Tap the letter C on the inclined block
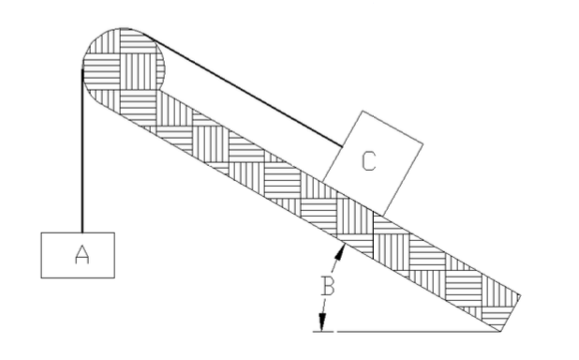tap(370, 161)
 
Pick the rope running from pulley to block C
tap(253, 94)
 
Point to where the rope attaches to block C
tap(342, 146)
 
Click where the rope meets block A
tap(82, 232)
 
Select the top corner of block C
tap(361, 112)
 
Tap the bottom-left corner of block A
tap(41, 277)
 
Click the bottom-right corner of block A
tap(114, 277)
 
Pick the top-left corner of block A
tap(41, 232)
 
